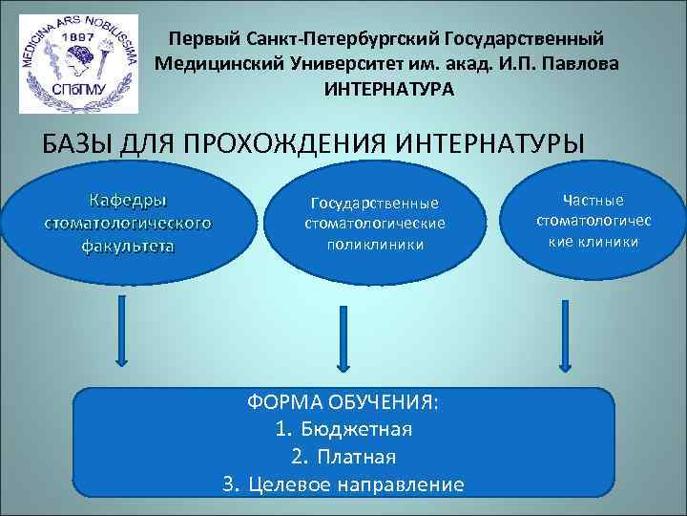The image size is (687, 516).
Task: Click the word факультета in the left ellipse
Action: (x=127, y=245)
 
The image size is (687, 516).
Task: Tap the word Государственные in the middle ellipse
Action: (x=374, y=203)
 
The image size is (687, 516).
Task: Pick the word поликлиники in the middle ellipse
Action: (x=374, y=244)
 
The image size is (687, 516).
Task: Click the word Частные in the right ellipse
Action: (x=593, y=200)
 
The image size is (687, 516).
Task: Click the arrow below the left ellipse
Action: (x=121, y=331)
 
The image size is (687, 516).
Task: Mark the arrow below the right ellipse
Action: (x=562, y=331)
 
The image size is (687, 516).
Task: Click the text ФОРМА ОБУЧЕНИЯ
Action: (x=343, y=401)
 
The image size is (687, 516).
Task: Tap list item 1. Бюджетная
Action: (x=343, y=429)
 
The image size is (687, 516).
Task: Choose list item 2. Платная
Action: (x=343, y=457)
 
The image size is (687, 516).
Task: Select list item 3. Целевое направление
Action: (x=343, y=484)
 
